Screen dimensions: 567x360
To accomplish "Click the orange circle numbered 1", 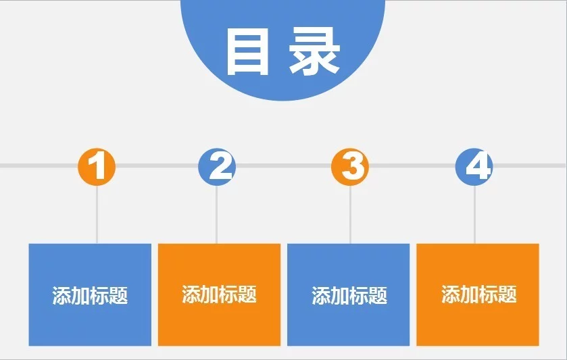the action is (x=97, y=167).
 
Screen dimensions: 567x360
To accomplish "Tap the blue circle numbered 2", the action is (x=217, y=167).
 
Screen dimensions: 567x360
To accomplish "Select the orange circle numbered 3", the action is (x=350, y=167).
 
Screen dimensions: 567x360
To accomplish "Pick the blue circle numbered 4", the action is (x=474, y=167).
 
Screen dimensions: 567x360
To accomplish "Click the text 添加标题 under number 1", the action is (x=90, y=295).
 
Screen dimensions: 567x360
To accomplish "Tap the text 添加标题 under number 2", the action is (x=219, y=294).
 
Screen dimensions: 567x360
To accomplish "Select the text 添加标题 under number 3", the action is (x=349, y=295).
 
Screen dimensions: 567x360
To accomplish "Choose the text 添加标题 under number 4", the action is (x=478, y=294).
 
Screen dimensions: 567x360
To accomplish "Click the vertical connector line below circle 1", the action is (x=97, y=214).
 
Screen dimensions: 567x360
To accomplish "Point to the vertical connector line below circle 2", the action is (x=217, y=214).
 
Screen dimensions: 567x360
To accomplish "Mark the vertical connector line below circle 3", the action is (x=350, y=214).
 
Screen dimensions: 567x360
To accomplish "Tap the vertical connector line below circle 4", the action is (x=474, y=214).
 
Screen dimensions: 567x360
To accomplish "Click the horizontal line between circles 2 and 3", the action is (x=284, y=165).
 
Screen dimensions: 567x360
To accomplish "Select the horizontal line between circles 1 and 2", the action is (x=157, y=165).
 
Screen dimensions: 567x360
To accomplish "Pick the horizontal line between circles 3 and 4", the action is (x=412, y=165).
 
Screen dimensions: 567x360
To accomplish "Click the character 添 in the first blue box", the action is (x=61, y=295).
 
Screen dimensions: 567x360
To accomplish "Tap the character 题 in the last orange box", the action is (x=508, y=294).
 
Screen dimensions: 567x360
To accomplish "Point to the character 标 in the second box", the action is (x=229, y=294).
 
